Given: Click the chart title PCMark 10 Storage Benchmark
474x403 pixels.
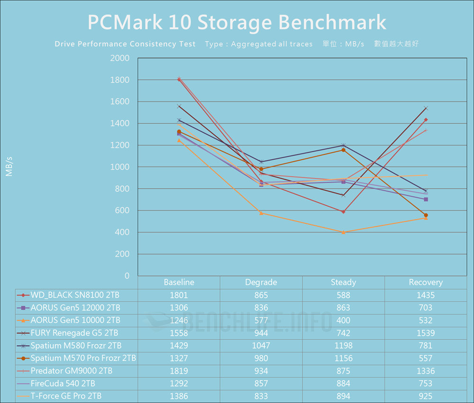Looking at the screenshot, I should pos(237,22).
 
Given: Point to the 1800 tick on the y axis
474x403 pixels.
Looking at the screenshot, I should pos(120,80).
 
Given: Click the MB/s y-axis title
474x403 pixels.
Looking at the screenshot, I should pos(9,166).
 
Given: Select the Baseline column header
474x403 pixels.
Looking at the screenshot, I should pos(179,282).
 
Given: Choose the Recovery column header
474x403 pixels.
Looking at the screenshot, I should pos(426,282).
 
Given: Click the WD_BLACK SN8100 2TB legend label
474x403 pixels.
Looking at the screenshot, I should pos(75,295).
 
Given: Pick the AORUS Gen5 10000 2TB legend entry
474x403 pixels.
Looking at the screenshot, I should pos(75,320).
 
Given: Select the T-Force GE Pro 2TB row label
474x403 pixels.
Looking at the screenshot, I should pos(66,396).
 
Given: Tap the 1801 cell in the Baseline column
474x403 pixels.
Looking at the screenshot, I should pos(179,295).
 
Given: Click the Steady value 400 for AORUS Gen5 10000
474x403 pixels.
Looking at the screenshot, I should pos(343,320).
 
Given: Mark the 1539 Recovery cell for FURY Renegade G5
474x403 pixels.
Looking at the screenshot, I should pos(426,333).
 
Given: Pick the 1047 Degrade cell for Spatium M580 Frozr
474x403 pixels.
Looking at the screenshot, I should pos(261,346).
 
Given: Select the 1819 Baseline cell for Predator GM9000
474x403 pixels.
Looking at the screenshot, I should pos(179,371).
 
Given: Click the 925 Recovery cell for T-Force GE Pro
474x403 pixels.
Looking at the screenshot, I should pos(426,396).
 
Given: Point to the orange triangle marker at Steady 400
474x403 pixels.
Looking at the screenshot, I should pos(343,232).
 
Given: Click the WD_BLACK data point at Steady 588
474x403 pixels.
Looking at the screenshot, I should pos(343,211).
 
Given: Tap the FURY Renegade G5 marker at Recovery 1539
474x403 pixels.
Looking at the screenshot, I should pos(426,108).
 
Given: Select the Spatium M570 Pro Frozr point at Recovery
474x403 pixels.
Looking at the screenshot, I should pos(426,215).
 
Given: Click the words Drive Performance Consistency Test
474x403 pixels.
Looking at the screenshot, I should pos(125,44).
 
